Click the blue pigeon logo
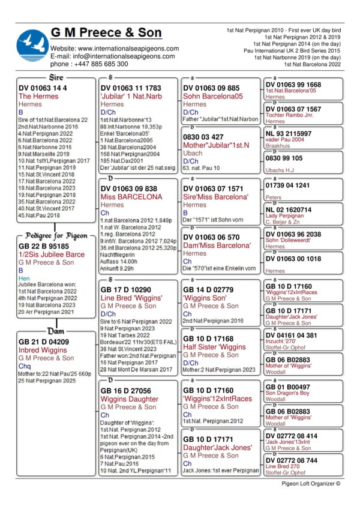pyautogui.click(x=33, y=45)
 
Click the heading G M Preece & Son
pyautogui.click(x=106, y=32)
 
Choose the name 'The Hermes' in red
pyautogui.click(x=38, y=96)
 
